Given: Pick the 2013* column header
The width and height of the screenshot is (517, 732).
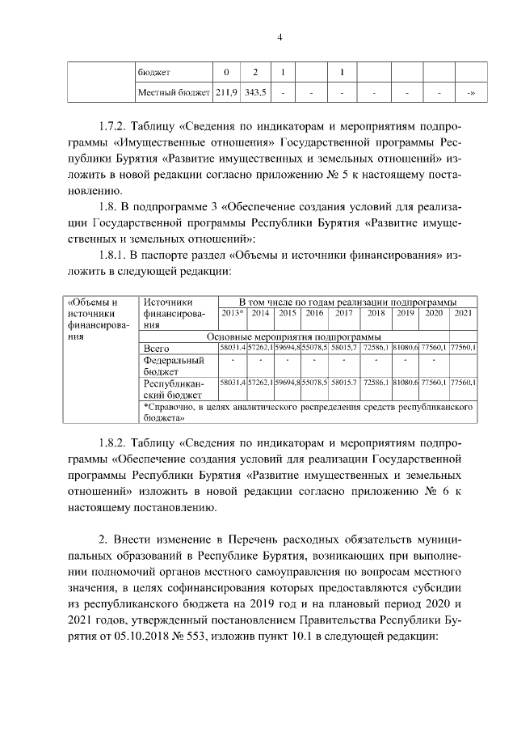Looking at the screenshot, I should (232, 313).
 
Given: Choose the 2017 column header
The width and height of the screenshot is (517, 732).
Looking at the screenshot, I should (343, 313).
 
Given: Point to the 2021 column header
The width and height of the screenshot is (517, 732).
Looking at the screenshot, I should (464, 313).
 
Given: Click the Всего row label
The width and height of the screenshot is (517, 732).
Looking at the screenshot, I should (157, 348).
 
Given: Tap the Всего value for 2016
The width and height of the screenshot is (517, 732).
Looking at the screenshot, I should (313, 348).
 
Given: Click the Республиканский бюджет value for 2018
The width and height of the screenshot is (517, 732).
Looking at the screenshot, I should (376, 382).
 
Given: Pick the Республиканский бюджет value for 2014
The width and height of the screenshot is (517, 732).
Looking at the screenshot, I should (260, 382).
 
